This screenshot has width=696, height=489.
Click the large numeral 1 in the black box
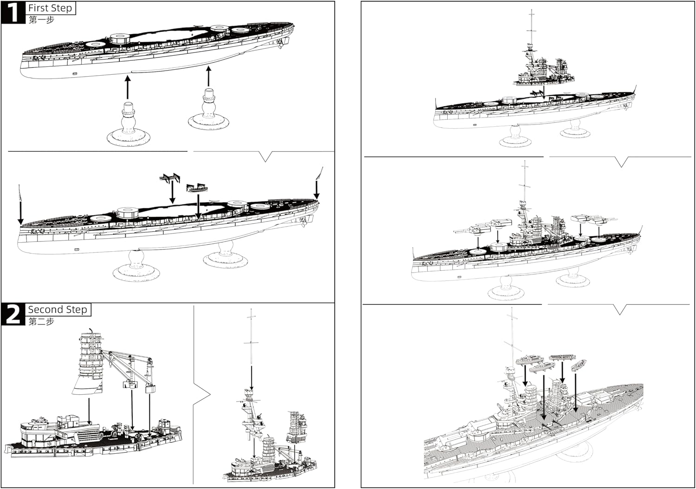[x=13, y=12]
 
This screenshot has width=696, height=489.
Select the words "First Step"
[x=50, y=8]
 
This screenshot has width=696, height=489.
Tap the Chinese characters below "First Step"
[x=41, y=20]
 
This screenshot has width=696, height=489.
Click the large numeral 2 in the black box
[x=13, y=314]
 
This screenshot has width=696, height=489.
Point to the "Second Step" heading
[x=58, y=309]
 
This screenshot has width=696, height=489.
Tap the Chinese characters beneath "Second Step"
[x=41, y=321]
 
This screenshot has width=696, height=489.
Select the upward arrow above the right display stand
[x=208, y=76]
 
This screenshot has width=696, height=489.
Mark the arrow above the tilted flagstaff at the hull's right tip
[x=316, y=189]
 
